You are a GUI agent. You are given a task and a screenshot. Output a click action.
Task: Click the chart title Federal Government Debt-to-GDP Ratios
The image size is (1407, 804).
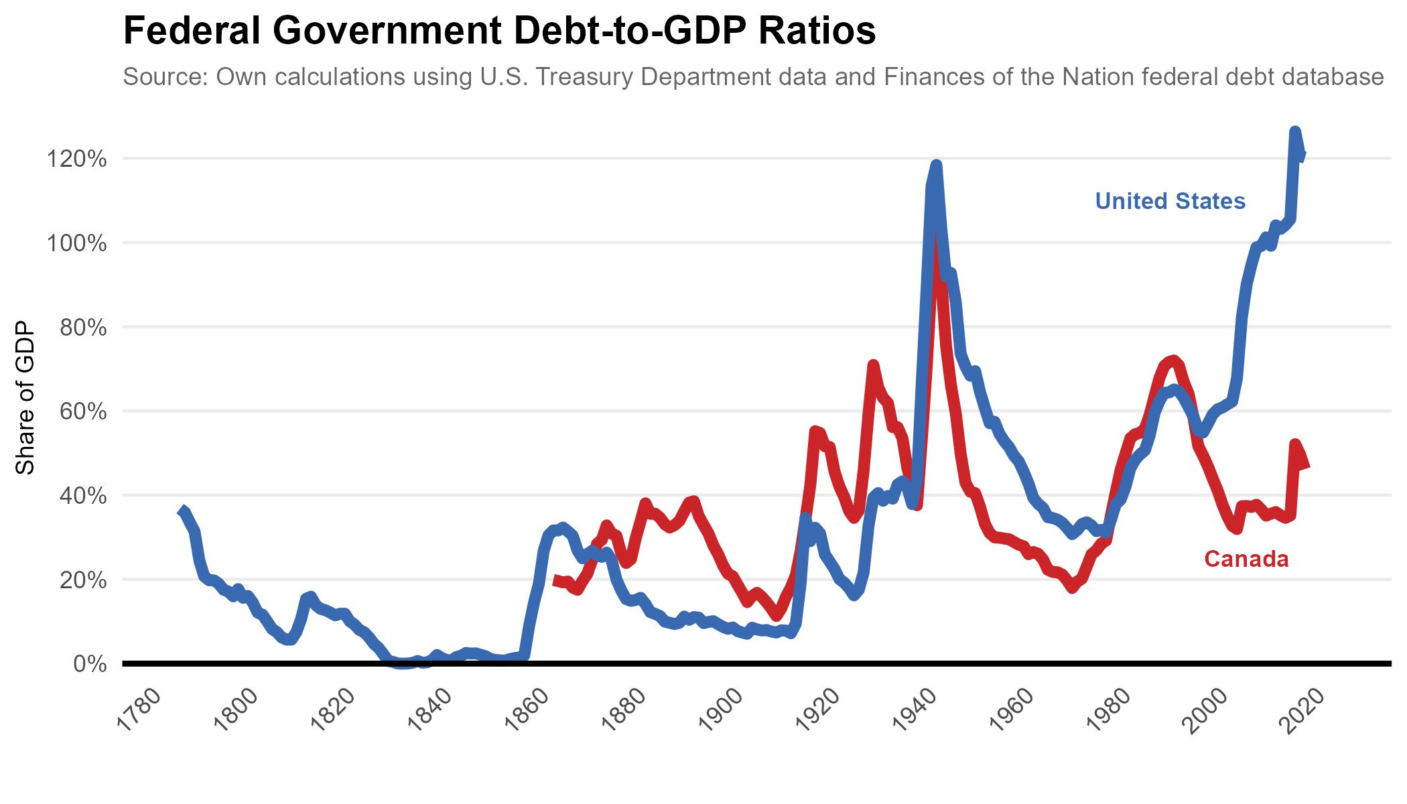pos(499,31)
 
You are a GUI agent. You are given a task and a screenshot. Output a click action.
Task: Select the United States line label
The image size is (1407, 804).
pos(1170,201)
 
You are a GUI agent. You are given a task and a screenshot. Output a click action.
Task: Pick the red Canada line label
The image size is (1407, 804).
pos(1246,559)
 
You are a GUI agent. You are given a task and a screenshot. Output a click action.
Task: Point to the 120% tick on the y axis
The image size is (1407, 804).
pos(76,159)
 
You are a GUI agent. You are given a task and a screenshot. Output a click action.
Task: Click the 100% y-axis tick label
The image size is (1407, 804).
pos(76,243)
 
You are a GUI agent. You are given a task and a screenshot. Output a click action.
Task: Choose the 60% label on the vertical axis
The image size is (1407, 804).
pos(83,411)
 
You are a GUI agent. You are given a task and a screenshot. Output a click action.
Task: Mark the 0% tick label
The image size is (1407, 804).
pos(90,664)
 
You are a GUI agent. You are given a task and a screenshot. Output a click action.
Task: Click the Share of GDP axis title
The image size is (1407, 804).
pos(25,398)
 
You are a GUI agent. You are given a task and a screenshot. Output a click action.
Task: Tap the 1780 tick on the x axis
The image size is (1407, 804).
pos(139,710)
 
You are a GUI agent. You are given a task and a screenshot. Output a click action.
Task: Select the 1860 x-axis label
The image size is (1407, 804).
pos(527,710)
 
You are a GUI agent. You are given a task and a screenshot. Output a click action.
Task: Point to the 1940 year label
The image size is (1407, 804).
pos(916,710)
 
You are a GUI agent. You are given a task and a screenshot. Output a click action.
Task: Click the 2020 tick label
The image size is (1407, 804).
pos(1304,710)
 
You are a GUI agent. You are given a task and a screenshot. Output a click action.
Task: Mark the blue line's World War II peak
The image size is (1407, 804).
pos(936,165)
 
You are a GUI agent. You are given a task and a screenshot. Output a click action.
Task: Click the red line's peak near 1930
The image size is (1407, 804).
pos(872,365)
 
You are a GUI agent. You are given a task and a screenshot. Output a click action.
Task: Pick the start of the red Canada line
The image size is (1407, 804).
pos(555,580)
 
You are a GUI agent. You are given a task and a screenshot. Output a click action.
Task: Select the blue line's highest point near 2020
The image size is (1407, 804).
pos(1294,131)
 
